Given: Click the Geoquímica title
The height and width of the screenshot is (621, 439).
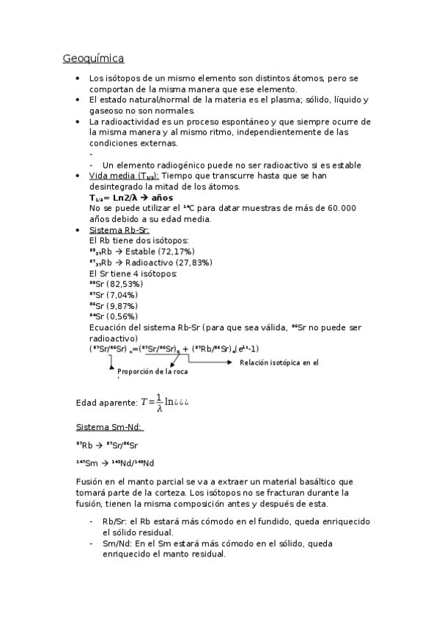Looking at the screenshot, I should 93,58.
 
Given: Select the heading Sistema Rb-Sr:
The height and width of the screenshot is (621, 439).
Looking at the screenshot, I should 119,230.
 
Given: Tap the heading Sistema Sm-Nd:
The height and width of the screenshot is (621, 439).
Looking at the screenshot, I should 109,428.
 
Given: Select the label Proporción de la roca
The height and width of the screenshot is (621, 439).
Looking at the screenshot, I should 152,371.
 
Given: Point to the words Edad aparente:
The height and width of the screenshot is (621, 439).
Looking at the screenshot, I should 106,403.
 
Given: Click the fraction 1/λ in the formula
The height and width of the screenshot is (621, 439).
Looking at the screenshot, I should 159,403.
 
